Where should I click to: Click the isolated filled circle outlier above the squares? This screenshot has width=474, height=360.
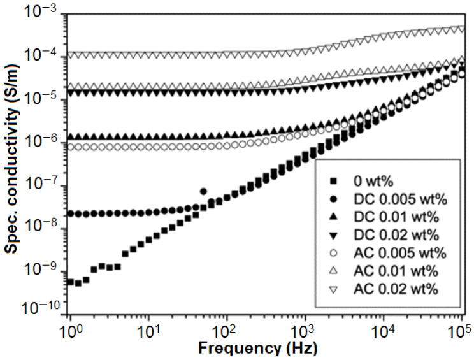(203, 191)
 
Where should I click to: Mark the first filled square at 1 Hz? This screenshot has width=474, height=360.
(70, 282)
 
